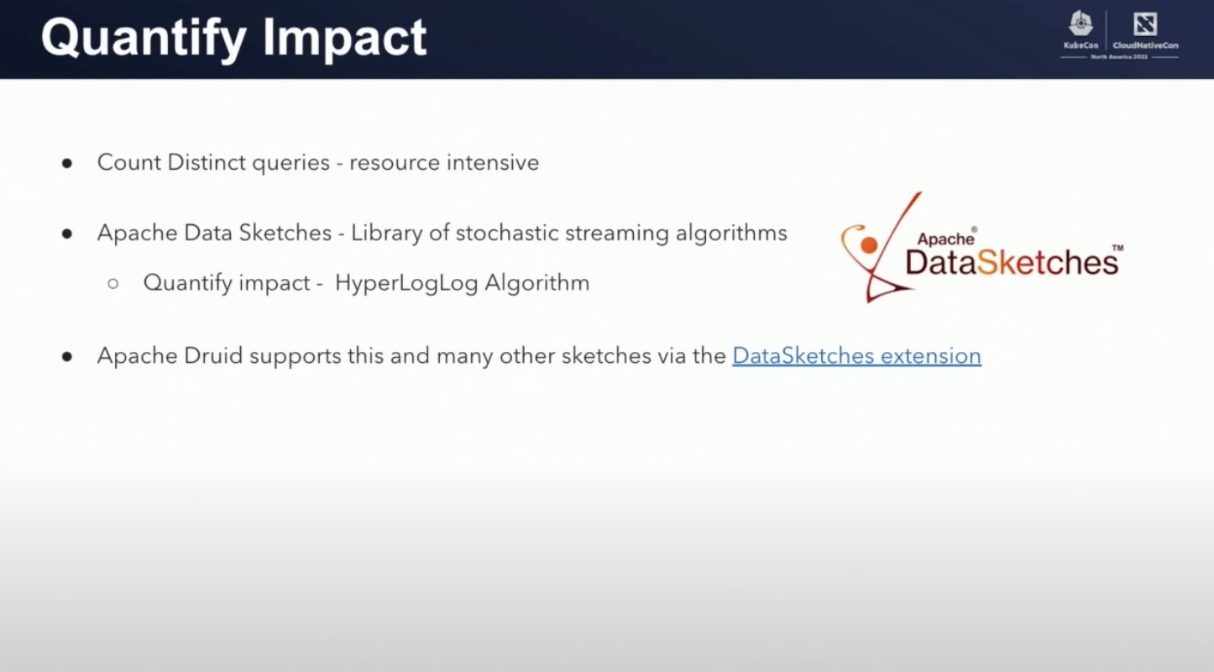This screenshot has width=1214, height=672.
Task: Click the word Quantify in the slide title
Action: coord(144,39)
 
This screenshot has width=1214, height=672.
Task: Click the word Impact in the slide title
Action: coord(345,39)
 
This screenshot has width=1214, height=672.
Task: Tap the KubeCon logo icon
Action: coord(1081,24)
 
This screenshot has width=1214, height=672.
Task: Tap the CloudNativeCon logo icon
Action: coord(1144,24)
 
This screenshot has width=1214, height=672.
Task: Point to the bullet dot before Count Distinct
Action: coord(67,163)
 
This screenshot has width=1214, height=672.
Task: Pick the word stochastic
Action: coord(506,234)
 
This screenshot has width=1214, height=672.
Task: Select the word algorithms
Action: coord(731,234)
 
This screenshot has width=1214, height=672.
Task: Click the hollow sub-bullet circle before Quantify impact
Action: coord(113,284)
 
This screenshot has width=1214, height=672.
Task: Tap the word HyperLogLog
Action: coord(406,283)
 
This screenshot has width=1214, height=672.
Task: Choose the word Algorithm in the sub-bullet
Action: coord(536,283)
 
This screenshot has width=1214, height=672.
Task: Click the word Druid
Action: coord(213,356)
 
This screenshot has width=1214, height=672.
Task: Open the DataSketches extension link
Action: coord(856,356)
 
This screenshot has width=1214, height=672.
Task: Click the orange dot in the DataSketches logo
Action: coord(869,245)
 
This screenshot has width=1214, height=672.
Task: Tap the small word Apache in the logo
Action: coord(945,239)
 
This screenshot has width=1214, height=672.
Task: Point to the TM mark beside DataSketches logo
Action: coord(1117,249)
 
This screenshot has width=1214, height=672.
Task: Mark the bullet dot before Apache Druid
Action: coord(67,357)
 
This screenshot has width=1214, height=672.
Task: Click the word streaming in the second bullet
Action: coord(616,234)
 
